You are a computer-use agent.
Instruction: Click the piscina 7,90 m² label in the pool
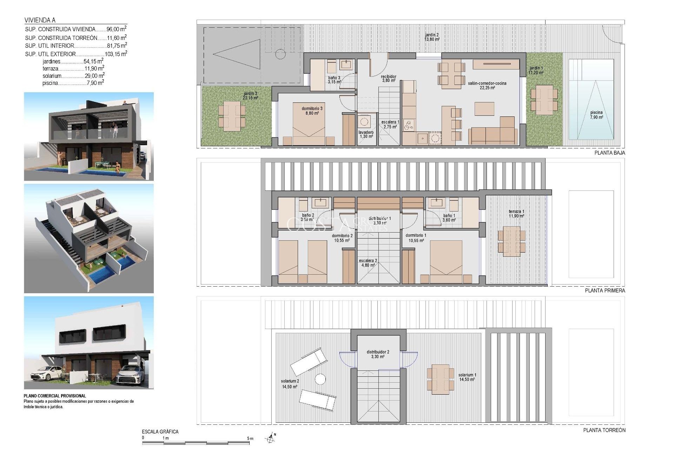click(x=596, y=115)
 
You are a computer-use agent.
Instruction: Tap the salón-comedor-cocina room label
click(x=487, y=86)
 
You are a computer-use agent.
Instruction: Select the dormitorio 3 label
click(x=312, y=111)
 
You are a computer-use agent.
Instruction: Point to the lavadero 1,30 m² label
click(x=366, y=134)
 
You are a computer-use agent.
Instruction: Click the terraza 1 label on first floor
click(x=516, y=214)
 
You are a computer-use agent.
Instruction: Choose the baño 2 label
click(x=308, y=217)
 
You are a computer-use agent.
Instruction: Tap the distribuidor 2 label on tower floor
click(x=378, y=354)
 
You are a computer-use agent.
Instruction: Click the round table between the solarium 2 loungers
click(x=320, y=379)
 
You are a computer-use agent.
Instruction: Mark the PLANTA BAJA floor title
click(x=609, y=153)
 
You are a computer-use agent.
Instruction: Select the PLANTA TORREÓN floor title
click(x=604, y=430)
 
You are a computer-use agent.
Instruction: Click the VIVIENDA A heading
click(x=40, y=20)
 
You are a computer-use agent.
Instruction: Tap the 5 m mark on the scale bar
click(x=250, y=438)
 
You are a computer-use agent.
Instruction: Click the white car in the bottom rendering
click(x=45, y=373)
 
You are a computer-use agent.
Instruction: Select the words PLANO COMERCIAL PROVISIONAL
click(x=55, y=396)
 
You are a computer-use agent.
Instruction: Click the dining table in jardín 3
click(x=232, y=116)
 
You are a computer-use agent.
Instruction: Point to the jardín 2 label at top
click(x=432, y=37)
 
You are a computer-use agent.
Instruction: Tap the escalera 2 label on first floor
click(x=368, y=263)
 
